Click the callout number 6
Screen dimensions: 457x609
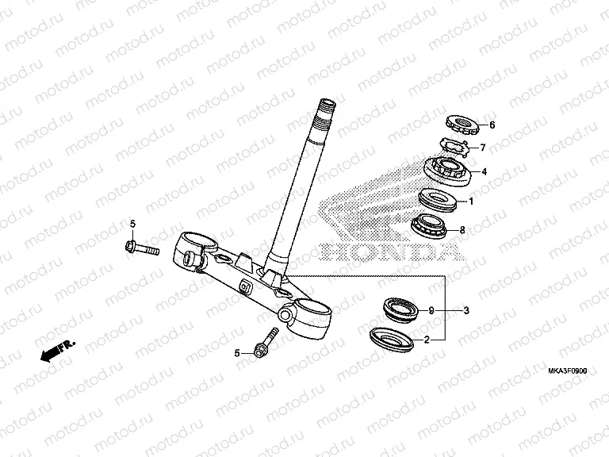492,125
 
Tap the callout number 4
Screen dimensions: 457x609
484,171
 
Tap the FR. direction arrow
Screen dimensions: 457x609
58,350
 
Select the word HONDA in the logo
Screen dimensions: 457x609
392,252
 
